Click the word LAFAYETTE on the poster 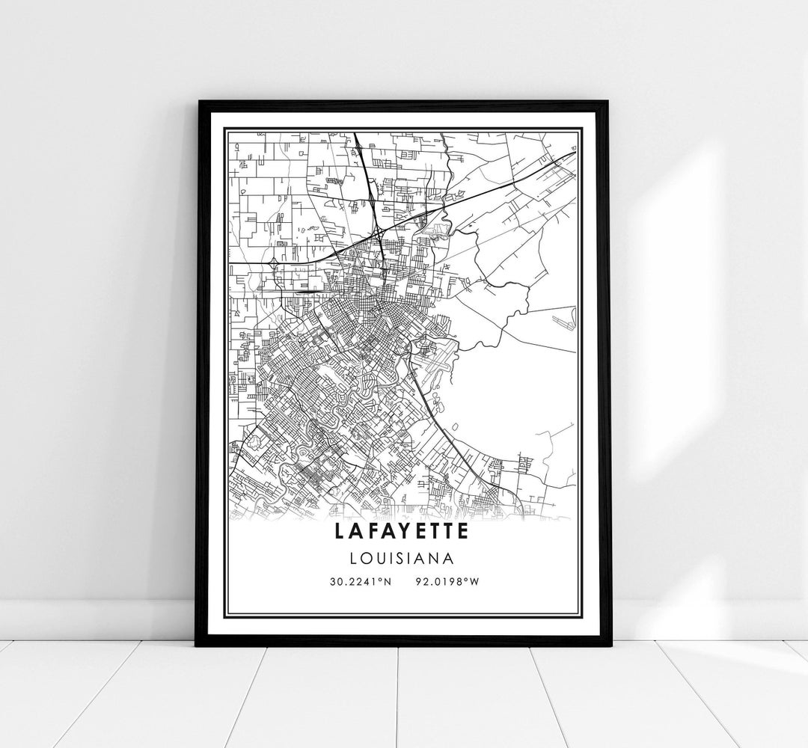(403, 532)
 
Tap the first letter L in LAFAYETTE (342, 532)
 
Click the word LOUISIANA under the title (403, 557)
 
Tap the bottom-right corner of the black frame (610, 646)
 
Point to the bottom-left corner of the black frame (197, 646)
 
